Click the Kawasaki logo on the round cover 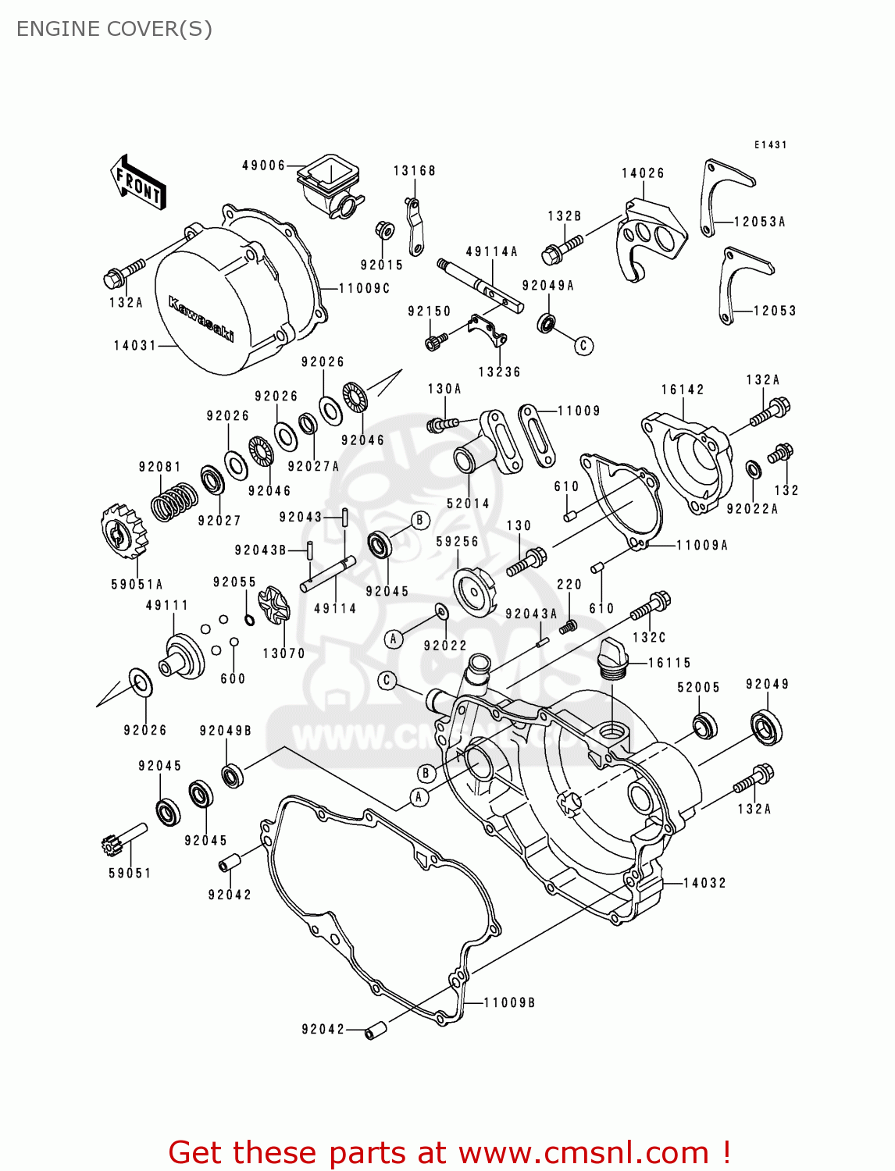coord(201,319)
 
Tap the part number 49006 coord(263,166)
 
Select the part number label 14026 coord(643,173)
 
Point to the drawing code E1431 coord(770,145)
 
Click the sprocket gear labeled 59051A coord(124,531)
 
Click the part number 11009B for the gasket coord(509,1002)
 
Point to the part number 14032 coord(704,883)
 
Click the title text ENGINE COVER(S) coord(114,29)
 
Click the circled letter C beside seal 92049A coord(583,346)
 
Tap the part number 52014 coord(468,504)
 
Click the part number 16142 coord(682,390)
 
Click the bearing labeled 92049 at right coord(766,727)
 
